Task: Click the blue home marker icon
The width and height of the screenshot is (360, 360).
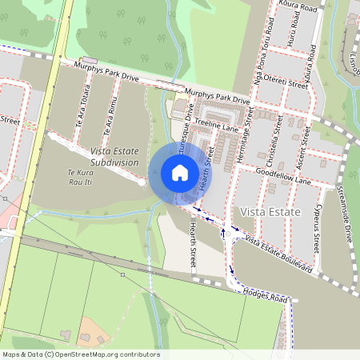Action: point(179,172)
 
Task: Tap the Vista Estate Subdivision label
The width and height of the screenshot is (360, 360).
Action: point(114,156)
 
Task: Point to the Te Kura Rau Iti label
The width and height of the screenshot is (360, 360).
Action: point(81,176)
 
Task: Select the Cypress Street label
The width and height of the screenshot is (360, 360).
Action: point(318,226)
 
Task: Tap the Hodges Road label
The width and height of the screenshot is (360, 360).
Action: point(265,294)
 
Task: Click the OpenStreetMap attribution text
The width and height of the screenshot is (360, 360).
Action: point(81,354)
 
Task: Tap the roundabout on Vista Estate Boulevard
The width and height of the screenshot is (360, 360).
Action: point(234,233)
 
